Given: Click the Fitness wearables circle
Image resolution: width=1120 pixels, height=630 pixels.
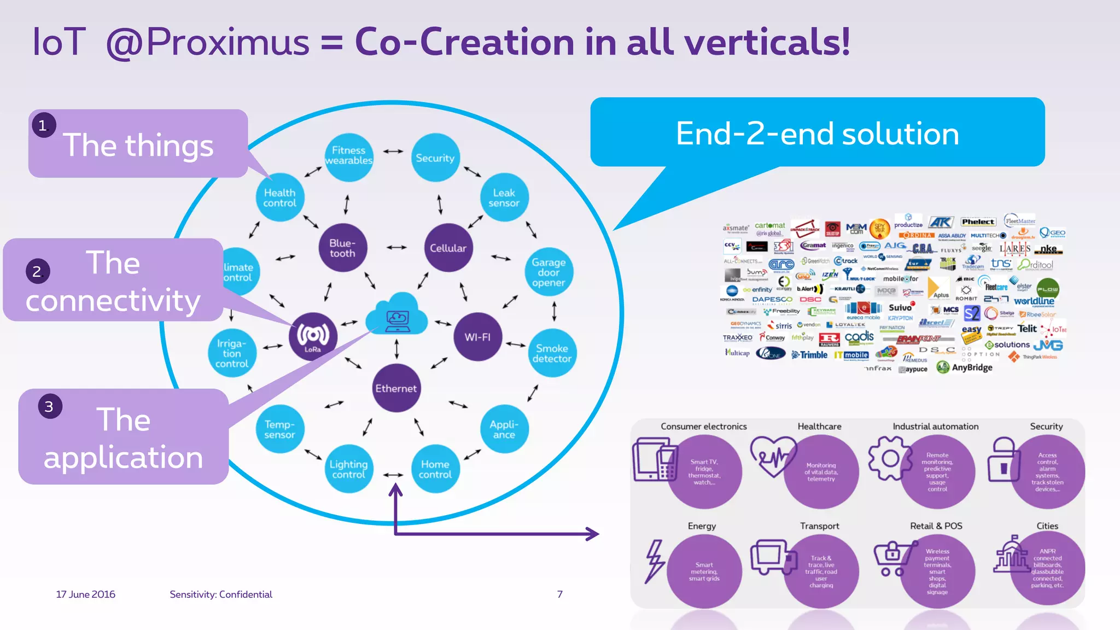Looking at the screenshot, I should coord(348,156).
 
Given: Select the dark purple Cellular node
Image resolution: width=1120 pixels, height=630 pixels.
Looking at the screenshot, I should coord(448,248).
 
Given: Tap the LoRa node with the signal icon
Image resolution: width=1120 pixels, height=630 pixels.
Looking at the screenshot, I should coord(313,336).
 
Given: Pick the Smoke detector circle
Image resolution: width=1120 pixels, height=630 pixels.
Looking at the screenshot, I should coord(552,353).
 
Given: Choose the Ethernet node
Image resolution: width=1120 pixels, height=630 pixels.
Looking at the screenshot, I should coord(396,388).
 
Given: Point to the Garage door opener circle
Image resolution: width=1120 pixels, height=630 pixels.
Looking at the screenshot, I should coord(549,272).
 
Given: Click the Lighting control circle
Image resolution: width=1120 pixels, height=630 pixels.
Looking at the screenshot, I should coord(348,469).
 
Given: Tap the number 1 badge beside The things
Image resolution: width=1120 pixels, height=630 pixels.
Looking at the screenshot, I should coord(43,126).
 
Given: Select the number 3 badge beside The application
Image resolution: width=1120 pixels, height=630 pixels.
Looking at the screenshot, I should coord(49,406).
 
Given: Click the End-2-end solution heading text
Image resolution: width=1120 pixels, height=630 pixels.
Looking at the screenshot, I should coord(817,134).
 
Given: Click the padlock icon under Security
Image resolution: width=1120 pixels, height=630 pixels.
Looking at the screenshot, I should coord(1004,459).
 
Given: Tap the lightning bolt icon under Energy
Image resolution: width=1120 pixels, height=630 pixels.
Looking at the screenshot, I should coord(654,561).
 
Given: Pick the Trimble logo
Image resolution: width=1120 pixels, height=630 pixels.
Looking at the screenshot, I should coord(810,355).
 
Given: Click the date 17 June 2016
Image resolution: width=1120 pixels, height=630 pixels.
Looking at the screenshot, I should coord(85,594).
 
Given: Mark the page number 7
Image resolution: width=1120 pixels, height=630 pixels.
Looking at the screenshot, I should coord(559,594).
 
